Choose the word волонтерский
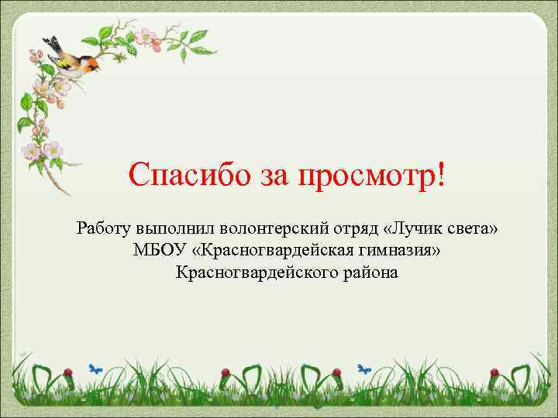point(276,230)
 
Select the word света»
point(474,229)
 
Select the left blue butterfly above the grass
point(96,368)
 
